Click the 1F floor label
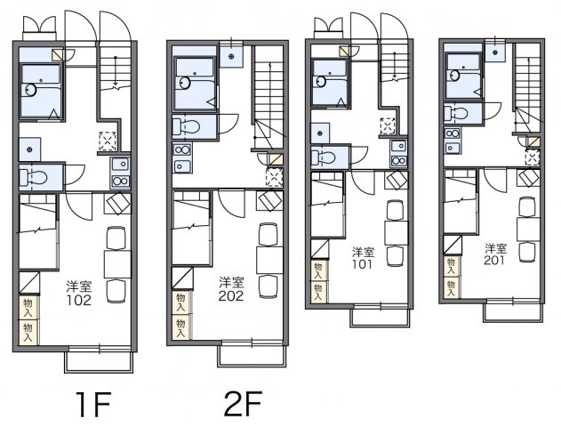click(x=93, y=404)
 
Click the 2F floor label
click(x=243, y=403)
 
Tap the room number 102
click(x=79, y=301)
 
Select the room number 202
click(x=231, y=296)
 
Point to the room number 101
click(x=363, y=264)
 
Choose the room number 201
click(x=494, y=260)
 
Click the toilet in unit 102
click(x=33, y=177)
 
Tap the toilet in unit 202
click(x=186, y=126)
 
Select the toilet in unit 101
click(x=323, y=157)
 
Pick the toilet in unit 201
click(x=456, y=114)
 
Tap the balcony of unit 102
click(x=99, y=362)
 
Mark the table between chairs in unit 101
click(x=396, y=233)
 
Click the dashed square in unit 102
click(x=108, y=141)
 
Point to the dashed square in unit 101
click(x=388, y=126)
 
